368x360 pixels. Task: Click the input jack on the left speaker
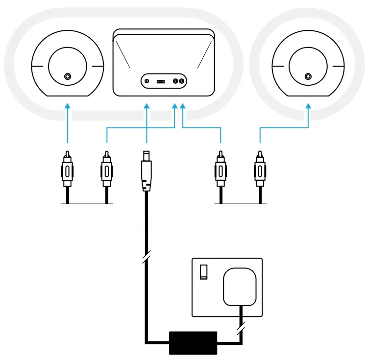pyautogui.click(x=67, y=76)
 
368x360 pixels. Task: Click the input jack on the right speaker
pyautogui.click(x=308, y=76)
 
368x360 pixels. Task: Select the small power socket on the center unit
pyautogui.click(x=147, y=81)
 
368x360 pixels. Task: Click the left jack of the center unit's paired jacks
pyautogui.click(x=175, y=81)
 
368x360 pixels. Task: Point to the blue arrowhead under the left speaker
pyautogui.click(x=67, y=105)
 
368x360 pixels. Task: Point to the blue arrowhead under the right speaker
pyautogui.click(x=308, y=105)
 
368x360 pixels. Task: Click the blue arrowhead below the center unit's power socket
pyautogui.click(x=146, y=105)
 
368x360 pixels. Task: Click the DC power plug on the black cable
pyautogui.click(x=146, y=171)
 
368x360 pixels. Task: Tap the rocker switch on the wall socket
pyautogui.click(x=203, y=270)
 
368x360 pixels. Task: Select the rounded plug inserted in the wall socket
pyautogui.click(x=240, y=287)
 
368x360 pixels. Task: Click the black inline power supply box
pyautogui.click(x=193, y=342)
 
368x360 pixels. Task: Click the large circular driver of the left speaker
pyautogui.click(x=67, y=66)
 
